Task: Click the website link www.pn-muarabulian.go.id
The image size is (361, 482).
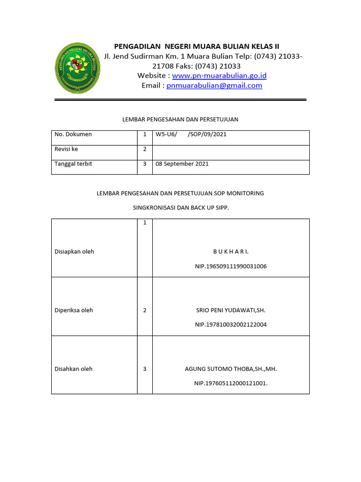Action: coord(219,76)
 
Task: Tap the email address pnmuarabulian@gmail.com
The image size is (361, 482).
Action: coord(214,86)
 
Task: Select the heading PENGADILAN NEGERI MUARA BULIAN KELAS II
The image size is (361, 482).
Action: coord(197,46)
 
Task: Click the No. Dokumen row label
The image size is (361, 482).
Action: coord(73,135)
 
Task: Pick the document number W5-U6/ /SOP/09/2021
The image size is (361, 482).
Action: coord(191,135)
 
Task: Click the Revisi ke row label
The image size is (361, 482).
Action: coord(66,149)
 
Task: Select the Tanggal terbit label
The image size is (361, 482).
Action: coord(73,164)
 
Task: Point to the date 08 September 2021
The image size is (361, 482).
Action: coord(182,164)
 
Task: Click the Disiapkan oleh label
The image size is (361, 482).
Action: coord(74,251)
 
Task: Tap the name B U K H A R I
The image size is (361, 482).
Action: coord(231,252)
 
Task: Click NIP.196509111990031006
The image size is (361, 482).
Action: coord(231,266)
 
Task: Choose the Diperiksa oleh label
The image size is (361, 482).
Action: coord(74,310)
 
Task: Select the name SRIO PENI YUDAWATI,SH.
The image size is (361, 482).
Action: coord(231,310)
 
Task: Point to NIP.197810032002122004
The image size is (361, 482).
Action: coord(231,325)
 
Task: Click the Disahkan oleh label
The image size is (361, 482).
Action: coord(73,369)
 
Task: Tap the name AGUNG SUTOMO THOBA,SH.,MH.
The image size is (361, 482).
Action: coord(231,369)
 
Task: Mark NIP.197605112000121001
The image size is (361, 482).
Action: coord(231,384)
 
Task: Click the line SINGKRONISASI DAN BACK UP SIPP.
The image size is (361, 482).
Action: coord(180,208)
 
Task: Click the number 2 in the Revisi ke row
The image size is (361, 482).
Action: coord(145,149)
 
